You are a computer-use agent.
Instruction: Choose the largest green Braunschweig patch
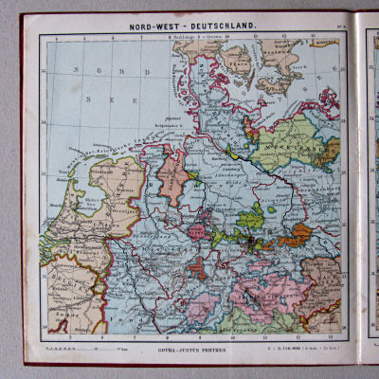click(x=250, y=220)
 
